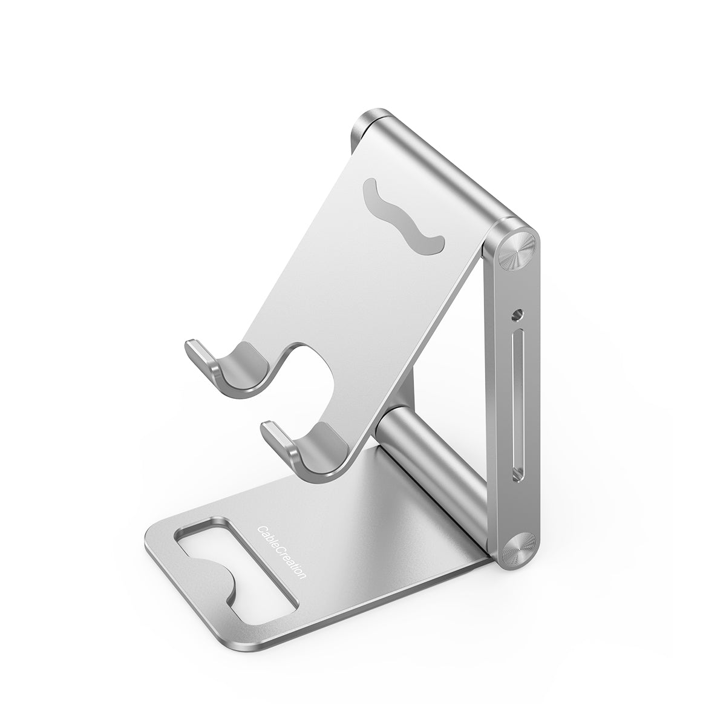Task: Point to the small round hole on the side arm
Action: [x=517, y=315]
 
